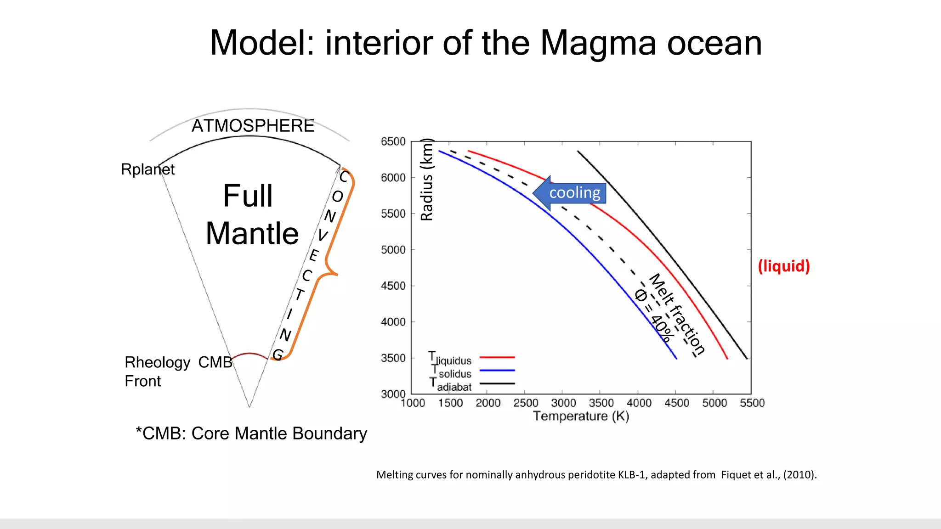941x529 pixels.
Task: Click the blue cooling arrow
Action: click(570, 193)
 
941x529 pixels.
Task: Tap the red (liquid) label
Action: click(783, 266)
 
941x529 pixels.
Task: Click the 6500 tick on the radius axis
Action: click(393, 141)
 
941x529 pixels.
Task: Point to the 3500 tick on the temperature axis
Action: click(601, 403)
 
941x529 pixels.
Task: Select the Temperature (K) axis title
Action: click(581, 416)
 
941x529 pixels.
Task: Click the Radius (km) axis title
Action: click(427, 180)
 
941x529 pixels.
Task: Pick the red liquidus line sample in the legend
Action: click(497, 357)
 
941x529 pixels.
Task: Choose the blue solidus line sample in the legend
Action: click(497, 370)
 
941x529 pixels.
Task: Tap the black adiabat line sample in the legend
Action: click(497, 383)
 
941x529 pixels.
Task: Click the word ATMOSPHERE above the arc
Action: click(253, 126)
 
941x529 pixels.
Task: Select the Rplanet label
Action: click(147, 169)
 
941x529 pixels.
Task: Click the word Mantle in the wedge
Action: click(252, 233)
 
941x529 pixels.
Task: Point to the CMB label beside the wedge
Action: click(215, 362)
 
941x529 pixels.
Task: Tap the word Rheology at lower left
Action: click(157, 362)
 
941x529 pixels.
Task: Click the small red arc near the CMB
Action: click(249, 354)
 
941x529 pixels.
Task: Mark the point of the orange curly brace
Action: click(337, 274)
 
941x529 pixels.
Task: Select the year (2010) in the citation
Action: click(799, 475)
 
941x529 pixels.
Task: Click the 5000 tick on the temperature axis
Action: click(714, 403)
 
